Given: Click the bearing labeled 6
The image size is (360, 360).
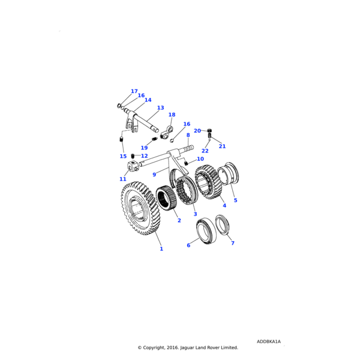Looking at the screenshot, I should pos(206,229).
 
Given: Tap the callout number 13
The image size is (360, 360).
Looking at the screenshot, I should pos(160,108).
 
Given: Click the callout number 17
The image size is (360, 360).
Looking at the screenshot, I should pos(134,92).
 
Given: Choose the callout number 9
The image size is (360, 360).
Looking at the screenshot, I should pos(154,175).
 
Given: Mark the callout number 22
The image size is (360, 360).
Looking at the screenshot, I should pos(205,151).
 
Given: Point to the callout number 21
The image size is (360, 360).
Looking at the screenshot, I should pos(222,146).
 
